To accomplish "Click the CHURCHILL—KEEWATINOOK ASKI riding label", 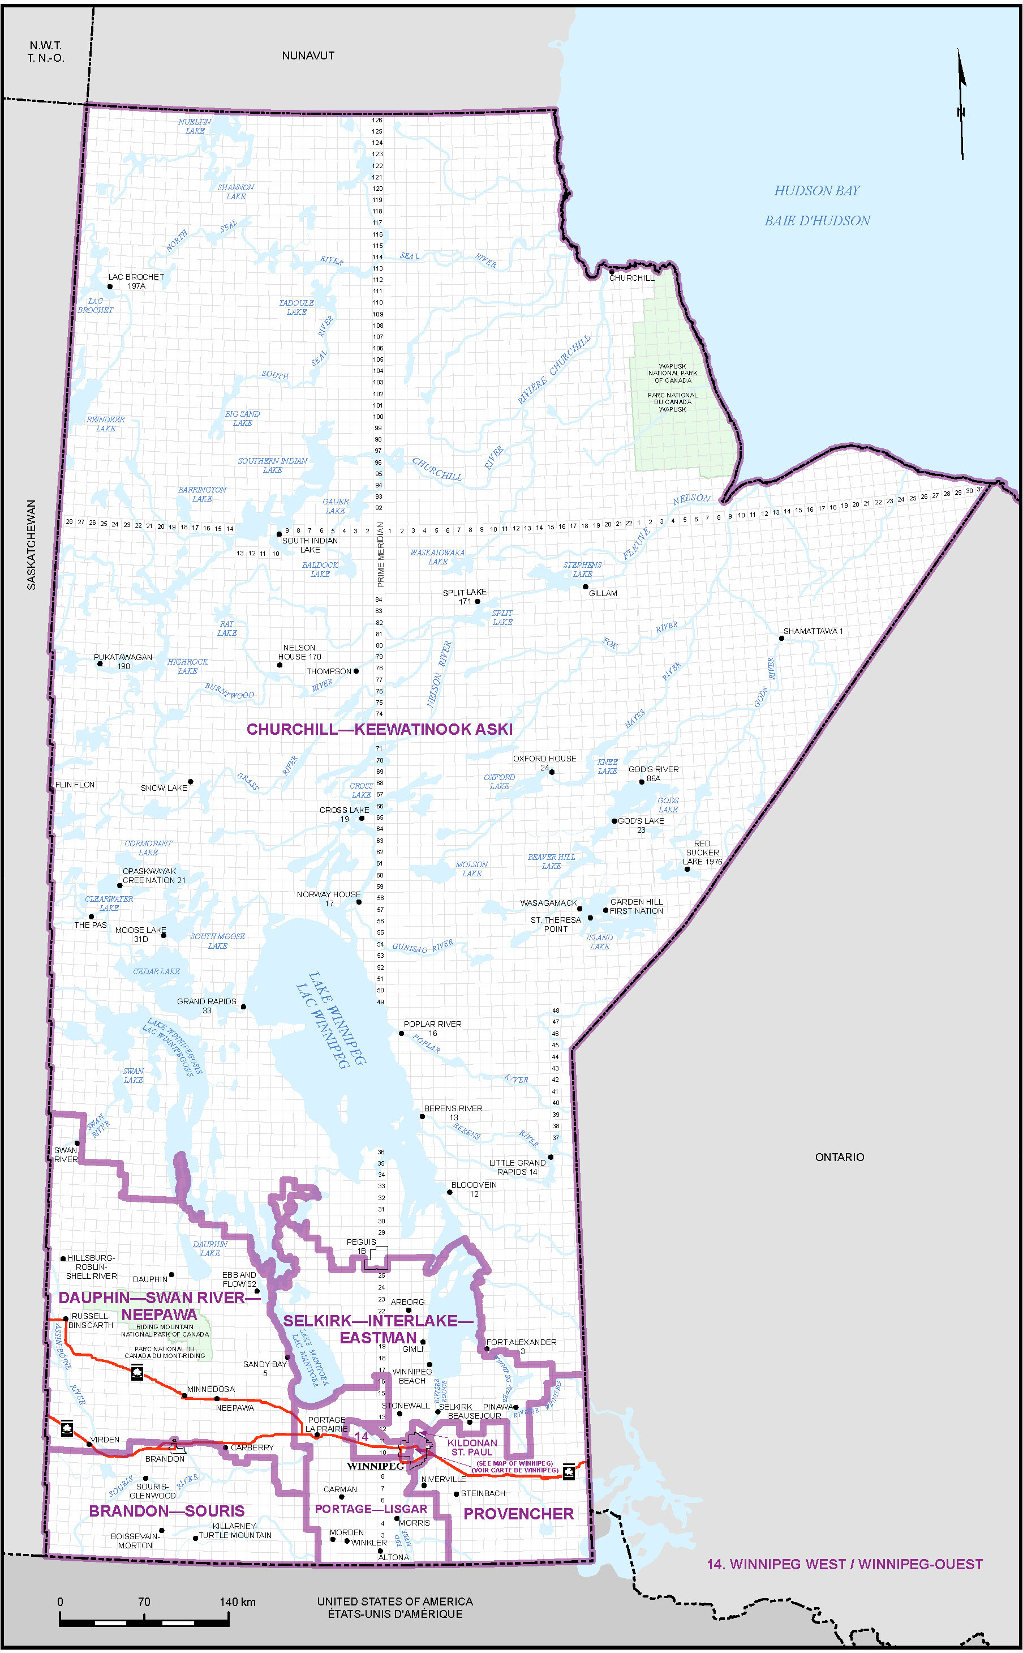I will [379, 729].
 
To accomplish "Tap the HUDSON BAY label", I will [816, 191].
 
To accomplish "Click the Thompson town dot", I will [356, 671].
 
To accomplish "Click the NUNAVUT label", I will [308, 55].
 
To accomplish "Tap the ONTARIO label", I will [839, 1157].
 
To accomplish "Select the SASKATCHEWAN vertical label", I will [31, 545].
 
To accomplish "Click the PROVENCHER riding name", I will [518, 1514].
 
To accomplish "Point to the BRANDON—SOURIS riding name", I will [166, 1511].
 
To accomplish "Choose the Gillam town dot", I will [585, 586].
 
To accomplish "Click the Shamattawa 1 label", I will [813, 631].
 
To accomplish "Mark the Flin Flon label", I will [75, 785].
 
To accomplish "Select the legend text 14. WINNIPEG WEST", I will [844, 1564].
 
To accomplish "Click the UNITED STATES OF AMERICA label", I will [394, 1601].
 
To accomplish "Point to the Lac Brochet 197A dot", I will [110, 286].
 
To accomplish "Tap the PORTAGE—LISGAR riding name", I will [371, 1509].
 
